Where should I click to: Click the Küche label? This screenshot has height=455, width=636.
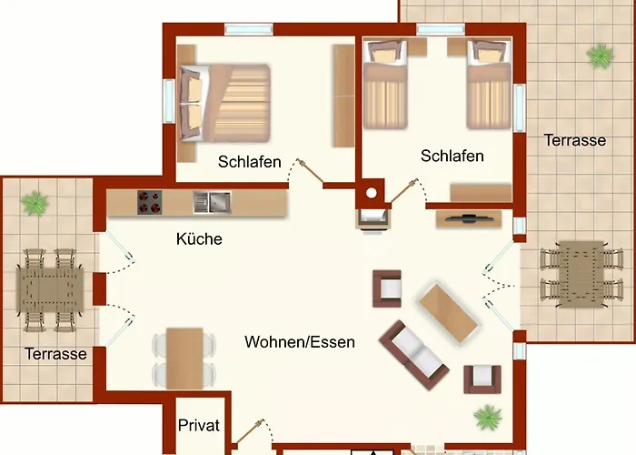(199, 239)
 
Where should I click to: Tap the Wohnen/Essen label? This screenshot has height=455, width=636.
(299, 342)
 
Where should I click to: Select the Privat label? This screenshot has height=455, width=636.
(199, 425)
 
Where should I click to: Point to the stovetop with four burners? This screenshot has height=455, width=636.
(149, 201)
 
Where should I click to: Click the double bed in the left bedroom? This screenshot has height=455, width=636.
(225, 101)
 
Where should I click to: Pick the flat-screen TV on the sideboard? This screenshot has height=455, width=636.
(469, 218)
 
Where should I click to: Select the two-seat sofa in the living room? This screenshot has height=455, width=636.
(413, 350)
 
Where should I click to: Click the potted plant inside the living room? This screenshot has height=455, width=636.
(487, 417)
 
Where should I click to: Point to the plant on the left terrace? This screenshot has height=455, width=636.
(35, 202)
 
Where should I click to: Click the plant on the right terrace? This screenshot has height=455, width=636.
(600, 56)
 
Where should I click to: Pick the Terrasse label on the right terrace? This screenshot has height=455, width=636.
(574, 140)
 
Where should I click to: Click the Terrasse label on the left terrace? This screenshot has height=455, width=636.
(55, 353)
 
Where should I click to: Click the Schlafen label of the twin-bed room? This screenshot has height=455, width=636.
(452, 156)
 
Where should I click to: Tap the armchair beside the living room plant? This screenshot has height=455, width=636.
(482, 378)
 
